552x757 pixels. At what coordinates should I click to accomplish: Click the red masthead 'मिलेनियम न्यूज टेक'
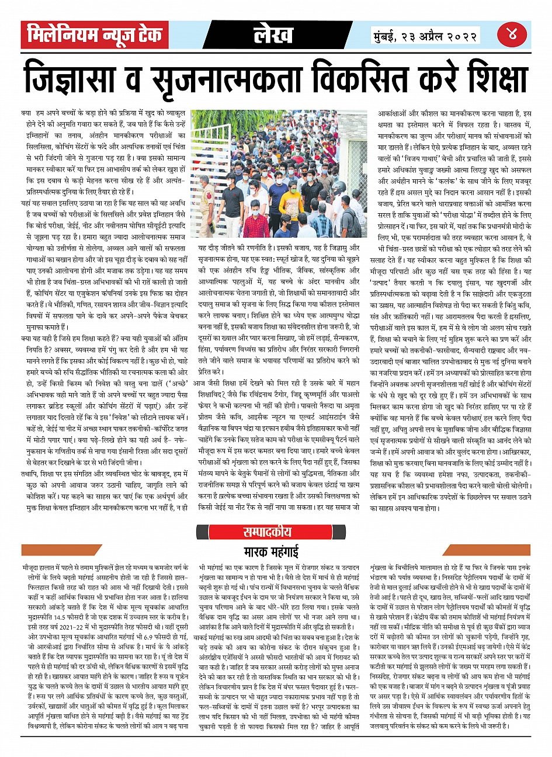coord(95,35)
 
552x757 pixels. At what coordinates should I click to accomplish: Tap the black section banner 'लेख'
coord(273,35)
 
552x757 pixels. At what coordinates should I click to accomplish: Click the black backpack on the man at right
coord(351,222)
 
